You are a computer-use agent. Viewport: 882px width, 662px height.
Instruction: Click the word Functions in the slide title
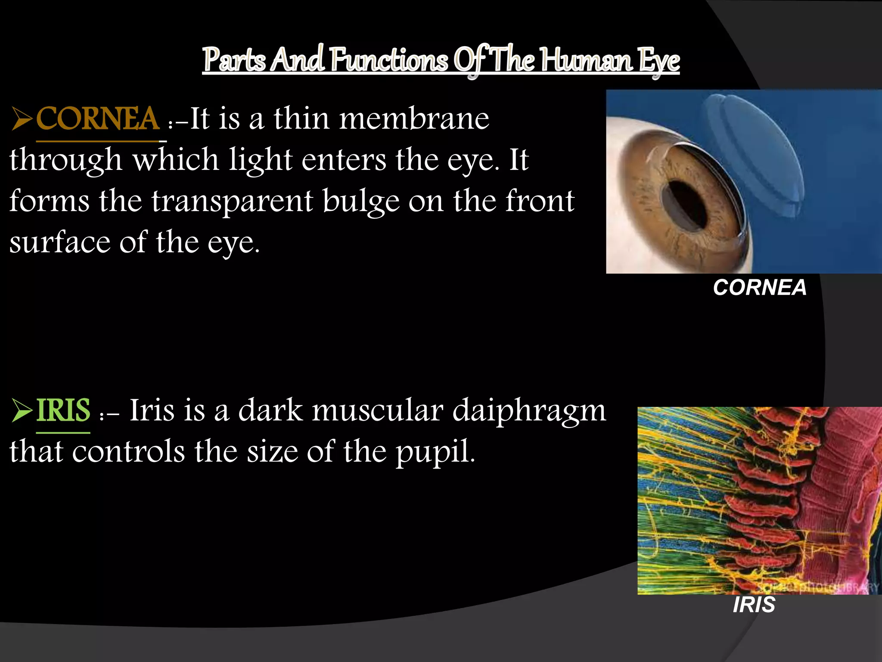(390, 60)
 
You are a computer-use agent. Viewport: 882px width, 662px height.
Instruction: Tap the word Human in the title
(587, 60)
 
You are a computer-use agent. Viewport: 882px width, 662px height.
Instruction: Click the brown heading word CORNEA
(98, 119)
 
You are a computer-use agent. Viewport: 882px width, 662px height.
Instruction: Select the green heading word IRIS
(63, 411)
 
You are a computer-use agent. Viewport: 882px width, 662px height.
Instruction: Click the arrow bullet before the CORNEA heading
(22, 119)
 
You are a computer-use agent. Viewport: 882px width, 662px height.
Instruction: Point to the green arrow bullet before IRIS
(22, 411)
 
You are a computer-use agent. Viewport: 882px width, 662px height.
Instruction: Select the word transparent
(232, 202)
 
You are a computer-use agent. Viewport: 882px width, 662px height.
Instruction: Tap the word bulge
(361, 202)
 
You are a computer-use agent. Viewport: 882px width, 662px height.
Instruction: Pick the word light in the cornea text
(261, 160)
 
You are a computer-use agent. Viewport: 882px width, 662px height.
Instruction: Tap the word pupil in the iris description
(435, 452)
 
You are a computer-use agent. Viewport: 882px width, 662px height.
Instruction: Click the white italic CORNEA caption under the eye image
(760, 287)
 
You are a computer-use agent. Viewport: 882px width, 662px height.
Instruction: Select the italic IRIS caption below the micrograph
(754, 605)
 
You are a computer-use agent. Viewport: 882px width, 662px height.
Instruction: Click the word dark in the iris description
(270, 411)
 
